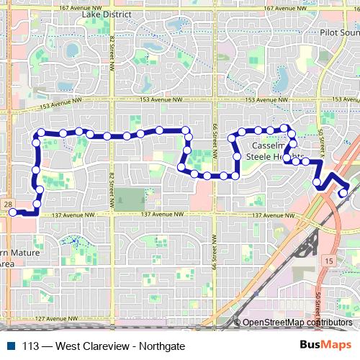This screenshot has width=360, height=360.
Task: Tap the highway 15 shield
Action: pyautogui.click(x=328, y=260)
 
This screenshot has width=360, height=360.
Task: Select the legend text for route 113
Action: pyautogui.click(x=104, y=346)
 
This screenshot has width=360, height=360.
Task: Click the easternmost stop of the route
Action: pyautogui.click(x=343, y=192)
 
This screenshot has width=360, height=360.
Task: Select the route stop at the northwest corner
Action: pyautogui.click(x=42, y=132)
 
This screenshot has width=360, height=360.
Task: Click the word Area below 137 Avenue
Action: pyautogui.click(x=6, y=264)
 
